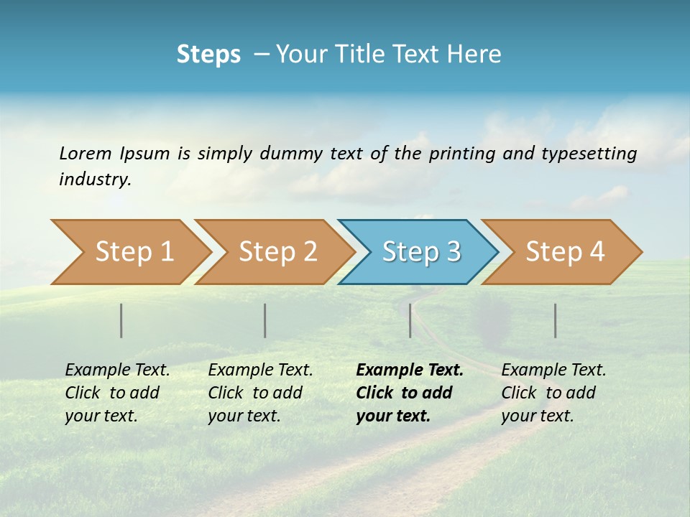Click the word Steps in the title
(x=208, y=55)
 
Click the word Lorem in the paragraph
(x=85, y=153)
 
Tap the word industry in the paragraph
(x=95, y=179)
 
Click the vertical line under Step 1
(x=121, y=320)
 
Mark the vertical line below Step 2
(x=265, y=320)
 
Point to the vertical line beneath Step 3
(x=410, y=320)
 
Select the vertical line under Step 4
(x=556, y=320)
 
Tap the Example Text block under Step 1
(x=117, y=393)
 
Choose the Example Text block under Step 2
(x=260, y=393)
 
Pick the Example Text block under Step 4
(x=553, y=393)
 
